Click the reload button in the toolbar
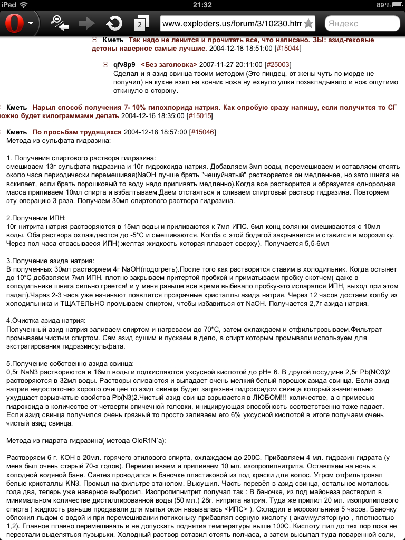tap(113, 23)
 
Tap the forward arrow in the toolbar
tap(86, 23)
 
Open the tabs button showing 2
tap(141, 24)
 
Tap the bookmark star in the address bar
tap(308, 24)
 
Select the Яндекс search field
tap(362, 24)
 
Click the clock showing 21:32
tap(202, 5)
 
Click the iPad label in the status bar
tap(9, 5)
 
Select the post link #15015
tap(199, 115)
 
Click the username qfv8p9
tap(124, 64)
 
